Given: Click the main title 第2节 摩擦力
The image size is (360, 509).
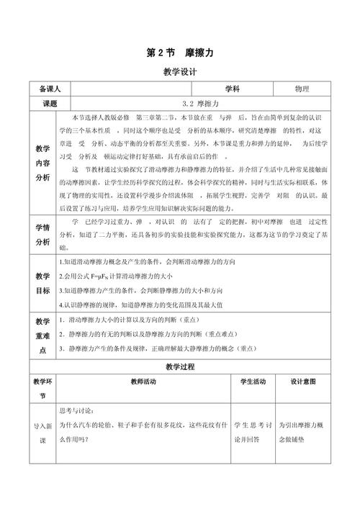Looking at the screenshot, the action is pyautogui.click(x=180, y=53).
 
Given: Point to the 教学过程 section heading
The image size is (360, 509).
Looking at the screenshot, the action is pyautogui.click(x=180, y=366).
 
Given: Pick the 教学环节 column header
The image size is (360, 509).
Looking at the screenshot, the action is pyautogui.click(x=42, y=389).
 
